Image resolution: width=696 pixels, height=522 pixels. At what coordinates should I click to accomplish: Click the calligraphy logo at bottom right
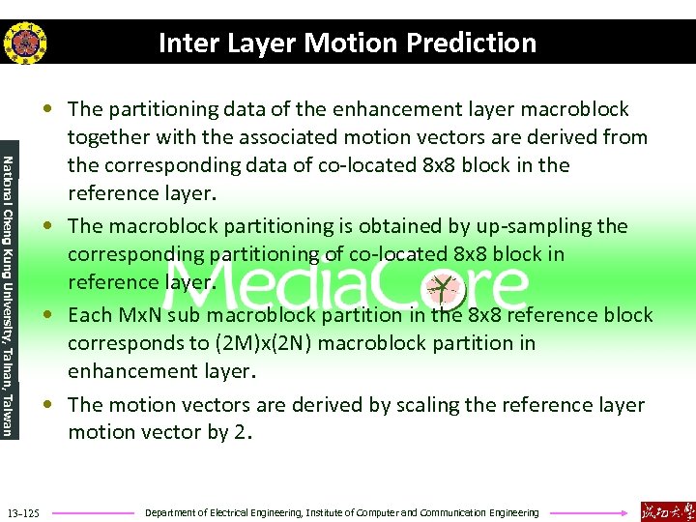click(666, 510)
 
